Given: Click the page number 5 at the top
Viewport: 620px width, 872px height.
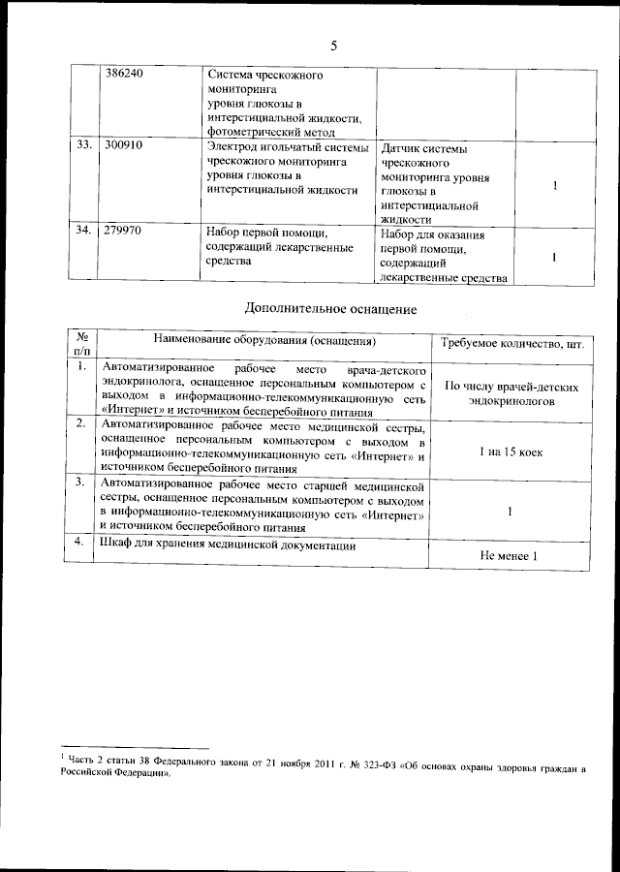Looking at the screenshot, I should [x=332, y=46].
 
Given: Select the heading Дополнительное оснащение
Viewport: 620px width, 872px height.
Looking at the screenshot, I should [x=329, y=310].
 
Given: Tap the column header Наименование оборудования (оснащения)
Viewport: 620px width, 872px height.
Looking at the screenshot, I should [x=264, y=341].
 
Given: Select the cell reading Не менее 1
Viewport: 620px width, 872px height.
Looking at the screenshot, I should [x=508, y=556].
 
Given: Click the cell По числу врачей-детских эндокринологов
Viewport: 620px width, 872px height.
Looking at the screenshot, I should [x=512, y=392].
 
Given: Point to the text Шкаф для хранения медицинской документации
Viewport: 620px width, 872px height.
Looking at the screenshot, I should [x=228, y=546].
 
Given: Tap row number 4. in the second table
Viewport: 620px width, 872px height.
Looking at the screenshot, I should [x=83, y=545].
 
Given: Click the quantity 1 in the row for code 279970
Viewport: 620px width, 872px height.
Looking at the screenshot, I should [x=554, y=258].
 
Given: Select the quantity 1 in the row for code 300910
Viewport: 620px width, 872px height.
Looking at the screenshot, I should [x=554, y=186].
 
